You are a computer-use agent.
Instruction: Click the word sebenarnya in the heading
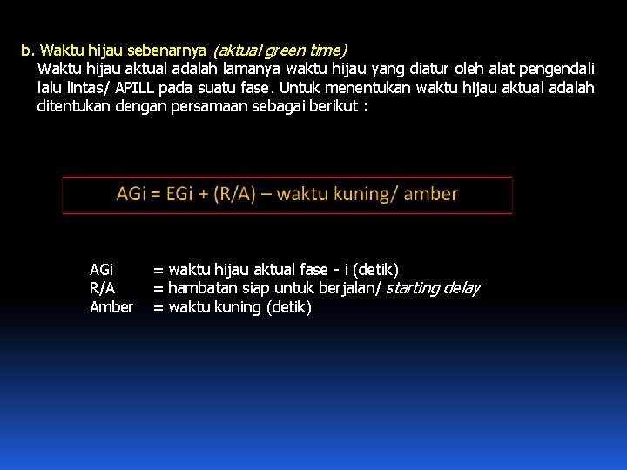pyautogui.click(x=167, y=50)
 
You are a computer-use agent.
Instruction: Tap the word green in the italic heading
pyautogui.click(x=280, y=50)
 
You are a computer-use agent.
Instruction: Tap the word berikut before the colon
pyautogui.click(x=334, y=106)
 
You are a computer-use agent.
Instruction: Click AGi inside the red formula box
pyautogui.click(x=131, y=194)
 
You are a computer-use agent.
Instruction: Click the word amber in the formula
pyautogui.click(x=431, y=194)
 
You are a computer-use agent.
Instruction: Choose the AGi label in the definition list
pyautogui.click(x=102, y=270)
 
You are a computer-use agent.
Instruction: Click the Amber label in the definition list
pyautogui.click(x=111, y=307)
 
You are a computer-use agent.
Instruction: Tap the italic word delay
pyautogui.click(x=462, y=288)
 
